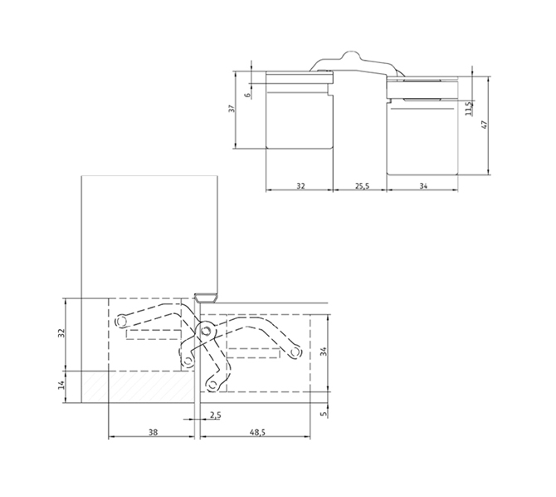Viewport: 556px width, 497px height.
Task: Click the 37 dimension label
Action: pos(232,108)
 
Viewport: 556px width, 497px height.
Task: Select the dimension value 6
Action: pos(248,95)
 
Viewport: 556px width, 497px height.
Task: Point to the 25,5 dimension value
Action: pos(362,185)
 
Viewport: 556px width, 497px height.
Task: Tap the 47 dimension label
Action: pos(485,125)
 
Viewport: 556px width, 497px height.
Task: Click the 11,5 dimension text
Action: pos(468,109)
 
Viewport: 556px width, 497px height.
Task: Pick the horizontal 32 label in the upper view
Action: pos(300,185)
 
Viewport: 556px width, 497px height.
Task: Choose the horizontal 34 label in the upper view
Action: pos(423,185)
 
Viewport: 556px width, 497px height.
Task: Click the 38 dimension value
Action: pos(153,432)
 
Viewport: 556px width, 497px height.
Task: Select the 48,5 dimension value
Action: pos(257,432)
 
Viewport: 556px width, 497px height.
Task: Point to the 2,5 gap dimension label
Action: pos(215,415)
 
